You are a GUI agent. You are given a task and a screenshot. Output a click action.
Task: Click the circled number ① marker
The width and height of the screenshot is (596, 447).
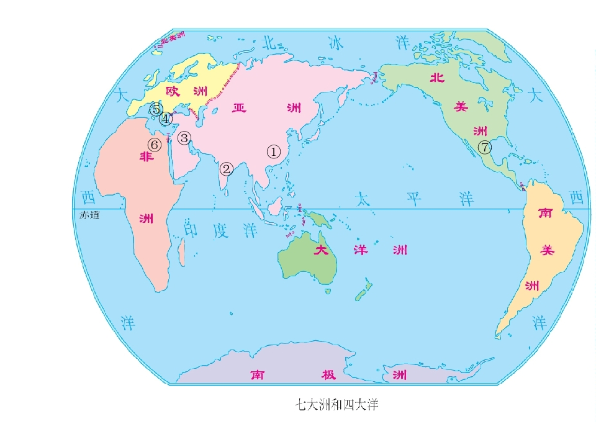point(274,151)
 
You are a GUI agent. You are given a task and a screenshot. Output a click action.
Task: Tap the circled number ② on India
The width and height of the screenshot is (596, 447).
point(227,168)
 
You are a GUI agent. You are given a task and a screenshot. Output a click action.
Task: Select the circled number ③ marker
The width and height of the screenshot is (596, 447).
point(184,138)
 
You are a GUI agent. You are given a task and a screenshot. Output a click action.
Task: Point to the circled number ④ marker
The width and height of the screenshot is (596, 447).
point(165,119)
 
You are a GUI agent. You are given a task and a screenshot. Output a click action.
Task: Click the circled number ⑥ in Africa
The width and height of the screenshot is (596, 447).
point(154,145)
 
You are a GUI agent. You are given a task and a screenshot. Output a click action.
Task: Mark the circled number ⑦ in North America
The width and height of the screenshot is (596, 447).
point(485,148)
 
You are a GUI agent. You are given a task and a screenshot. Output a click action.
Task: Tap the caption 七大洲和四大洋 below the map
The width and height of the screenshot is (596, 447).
point(336,406)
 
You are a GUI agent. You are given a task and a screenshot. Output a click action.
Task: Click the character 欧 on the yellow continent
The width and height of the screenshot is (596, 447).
point(172,91)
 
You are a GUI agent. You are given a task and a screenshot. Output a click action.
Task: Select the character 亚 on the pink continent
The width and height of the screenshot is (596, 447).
point(239,108)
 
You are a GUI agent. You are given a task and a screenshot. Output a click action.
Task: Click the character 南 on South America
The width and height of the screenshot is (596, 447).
point(546,214)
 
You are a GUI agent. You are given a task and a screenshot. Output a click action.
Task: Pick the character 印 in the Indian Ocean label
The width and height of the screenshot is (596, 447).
point(192,231)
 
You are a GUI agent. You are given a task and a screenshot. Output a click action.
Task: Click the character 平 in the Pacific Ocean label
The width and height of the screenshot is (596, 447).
point(414,199)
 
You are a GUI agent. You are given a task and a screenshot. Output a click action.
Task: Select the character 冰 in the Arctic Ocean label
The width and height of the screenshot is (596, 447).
point(335,42)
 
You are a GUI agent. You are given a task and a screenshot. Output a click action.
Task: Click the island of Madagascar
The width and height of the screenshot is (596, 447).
point(182,251)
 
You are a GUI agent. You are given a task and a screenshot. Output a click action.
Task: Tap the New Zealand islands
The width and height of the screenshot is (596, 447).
point(364,291)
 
